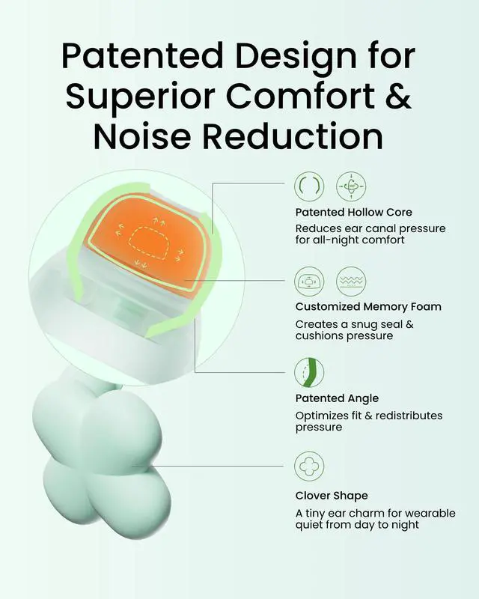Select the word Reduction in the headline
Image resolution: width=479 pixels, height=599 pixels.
pos(293,136)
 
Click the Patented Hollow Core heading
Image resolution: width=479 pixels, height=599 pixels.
pos(354,212)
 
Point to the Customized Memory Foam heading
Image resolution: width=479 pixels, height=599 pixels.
pos(368,307)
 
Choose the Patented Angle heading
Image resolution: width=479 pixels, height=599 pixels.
pos(337,398)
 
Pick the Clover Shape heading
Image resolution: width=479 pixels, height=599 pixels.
pos(332,496)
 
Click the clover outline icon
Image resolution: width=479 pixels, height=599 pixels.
pos(309,466)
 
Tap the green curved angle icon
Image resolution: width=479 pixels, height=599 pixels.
pos(309,372)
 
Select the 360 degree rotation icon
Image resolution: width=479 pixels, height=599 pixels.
pos(351,186)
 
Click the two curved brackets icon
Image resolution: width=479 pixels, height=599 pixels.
pos(309,186)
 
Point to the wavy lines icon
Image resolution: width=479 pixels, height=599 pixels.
pos(351,282)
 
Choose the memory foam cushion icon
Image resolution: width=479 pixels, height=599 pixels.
pos(309,282)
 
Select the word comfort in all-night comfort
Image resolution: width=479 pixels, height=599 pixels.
pos(383,240)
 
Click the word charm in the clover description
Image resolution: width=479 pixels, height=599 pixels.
pos(365,513)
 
